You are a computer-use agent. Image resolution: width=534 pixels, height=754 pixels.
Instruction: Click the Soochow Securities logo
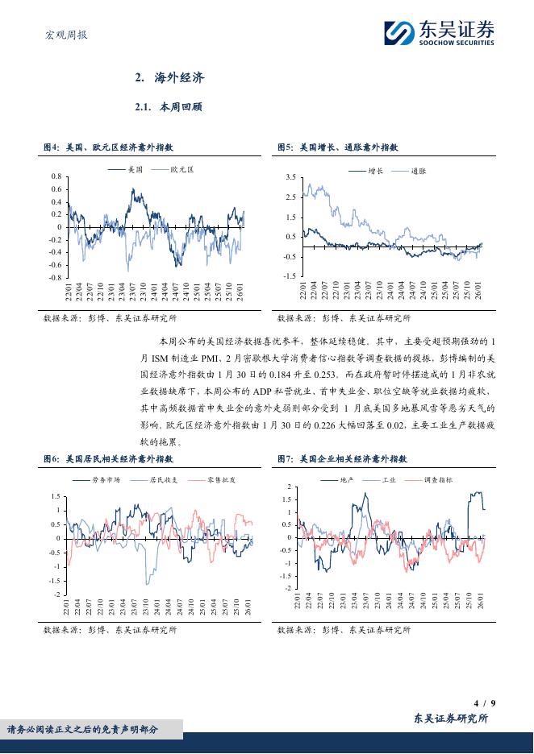(438, 33)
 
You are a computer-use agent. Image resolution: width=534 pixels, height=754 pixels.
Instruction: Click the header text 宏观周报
(65, 35)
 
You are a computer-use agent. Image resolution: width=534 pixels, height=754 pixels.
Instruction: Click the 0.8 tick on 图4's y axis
(56, 176)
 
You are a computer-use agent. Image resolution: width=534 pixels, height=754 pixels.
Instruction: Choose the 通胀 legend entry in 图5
(418, 171)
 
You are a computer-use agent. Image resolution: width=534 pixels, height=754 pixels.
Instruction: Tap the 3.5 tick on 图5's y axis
(291, 176)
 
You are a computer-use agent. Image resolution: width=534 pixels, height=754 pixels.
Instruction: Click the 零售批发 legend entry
(223, 479)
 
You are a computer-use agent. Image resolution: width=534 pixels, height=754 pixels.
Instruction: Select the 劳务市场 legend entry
(106, 479)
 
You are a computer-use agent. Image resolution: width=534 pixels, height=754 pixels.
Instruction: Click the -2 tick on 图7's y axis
(288, 588)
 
